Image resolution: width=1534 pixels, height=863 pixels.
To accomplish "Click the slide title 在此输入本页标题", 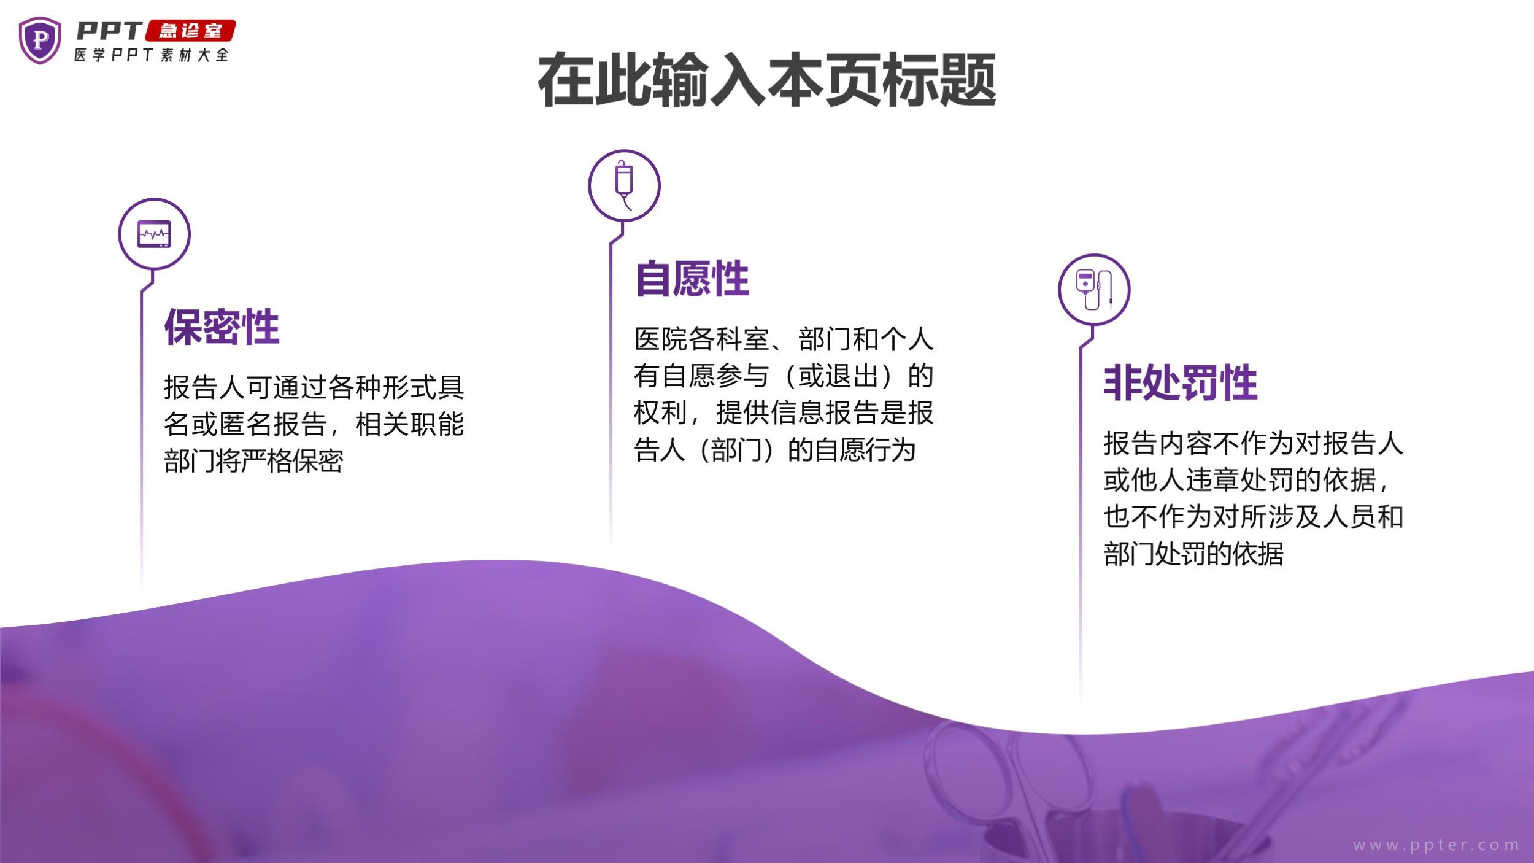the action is click(x=766, y=80).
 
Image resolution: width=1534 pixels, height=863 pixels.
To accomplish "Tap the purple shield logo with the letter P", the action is click(x=40, y=41).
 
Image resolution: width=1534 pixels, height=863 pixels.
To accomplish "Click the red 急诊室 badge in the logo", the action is click(x=190, y=31).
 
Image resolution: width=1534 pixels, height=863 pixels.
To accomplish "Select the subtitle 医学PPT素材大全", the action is click(x=152, y=55).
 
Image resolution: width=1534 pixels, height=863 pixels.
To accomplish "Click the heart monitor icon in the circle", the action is click(x=154, y=234).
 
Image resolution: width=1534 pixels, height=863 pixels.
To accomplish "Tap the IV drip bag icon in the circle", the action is click(x=624, y=185).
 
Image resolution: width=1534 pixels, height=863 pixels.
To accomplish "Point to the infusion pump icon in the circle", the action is click(x=1093, y=289).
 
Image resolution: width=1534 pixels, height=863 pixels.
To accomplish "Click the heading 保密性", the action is click(x=222, y=327).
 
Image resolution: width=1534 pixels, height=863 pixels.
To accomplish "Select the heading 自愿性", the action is click(x=692, y=279).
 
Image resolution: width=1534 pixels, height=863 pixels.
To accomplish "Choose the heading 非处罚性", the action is click(x=1181, y=383).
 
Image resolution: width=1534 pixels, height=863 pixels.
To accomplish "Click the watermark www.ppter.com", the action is click(x=1436, y=845).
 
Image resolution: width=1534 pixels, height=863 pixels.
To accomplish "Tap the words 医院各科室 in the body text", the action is click(x=701, y=339).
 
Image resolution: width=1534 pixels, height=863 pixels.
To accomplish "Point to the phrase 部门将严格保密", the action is click(x=253, y=460).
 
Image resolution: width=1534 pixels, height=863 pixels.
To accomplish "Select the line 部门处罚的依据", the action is click(x=1193, y=553).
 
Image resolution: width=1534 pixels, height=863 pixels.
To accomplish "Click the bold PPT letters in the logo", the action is click(x=110, y=31).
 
